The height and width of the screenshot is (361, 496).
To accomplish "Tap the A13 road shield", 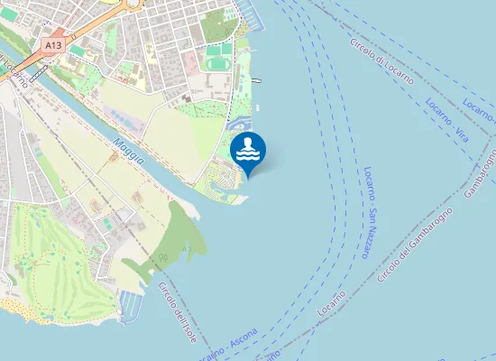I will tap(53, 42).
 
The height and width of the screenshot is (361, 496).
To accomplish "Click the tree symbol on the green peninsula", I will tap(163, 258).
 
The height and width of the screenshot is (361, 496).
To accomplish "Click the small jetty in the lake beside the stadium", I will tap(259, 80).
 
